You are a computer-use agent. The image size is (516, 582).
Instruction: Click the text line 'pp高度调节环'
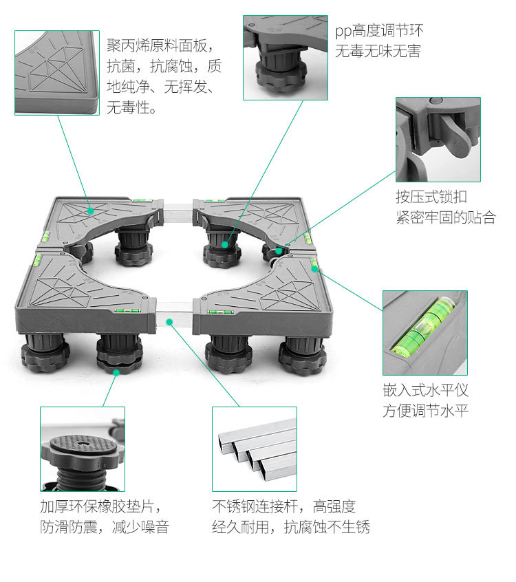tap(379, 31)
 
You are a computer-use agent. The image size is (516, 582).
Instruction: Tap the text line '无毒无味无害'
tap(378, 52)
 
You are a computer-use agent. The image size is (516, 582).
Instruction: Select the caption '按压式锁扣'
tap(426, 197)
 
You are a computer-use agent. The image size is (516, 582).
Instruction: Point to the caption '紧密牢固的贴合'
tap(445, 217)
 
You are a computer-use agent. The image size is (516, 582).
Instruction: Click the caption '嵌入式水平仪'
tap(425, 390)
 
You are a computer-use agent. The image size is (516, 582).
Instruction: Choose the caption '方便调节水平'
tap(425, 411)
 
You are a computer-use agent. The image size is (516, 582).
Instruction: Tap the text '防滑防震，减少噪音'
tap(104, 527)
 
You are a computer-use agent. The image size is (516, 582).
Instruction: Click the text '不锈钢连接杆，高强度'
tap(283, 506)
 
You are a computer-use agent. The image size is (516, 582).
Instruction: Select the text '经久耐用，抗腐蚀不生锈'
tap(291, 527)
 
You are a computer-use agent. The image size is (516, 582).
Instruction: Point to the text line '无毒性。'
tap(131, 108)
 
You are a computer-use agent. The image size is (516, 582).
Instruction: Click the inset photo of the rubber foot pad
tap(83, 449)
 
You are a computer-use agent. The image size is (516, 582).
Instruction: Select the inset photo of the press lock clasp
tap(438, 139)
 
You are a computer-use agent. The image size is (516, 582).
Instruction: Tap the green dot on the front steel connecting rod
tap(169, 320)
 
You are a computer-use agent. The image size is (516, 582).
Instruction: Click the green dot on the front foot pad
tap(117, 371)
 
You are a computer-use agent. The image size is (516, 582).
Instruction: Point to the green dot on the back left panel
tap(89, 208)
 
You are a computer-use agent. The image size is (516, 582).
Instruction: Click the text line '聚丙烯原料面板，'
tap(164, 46)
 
